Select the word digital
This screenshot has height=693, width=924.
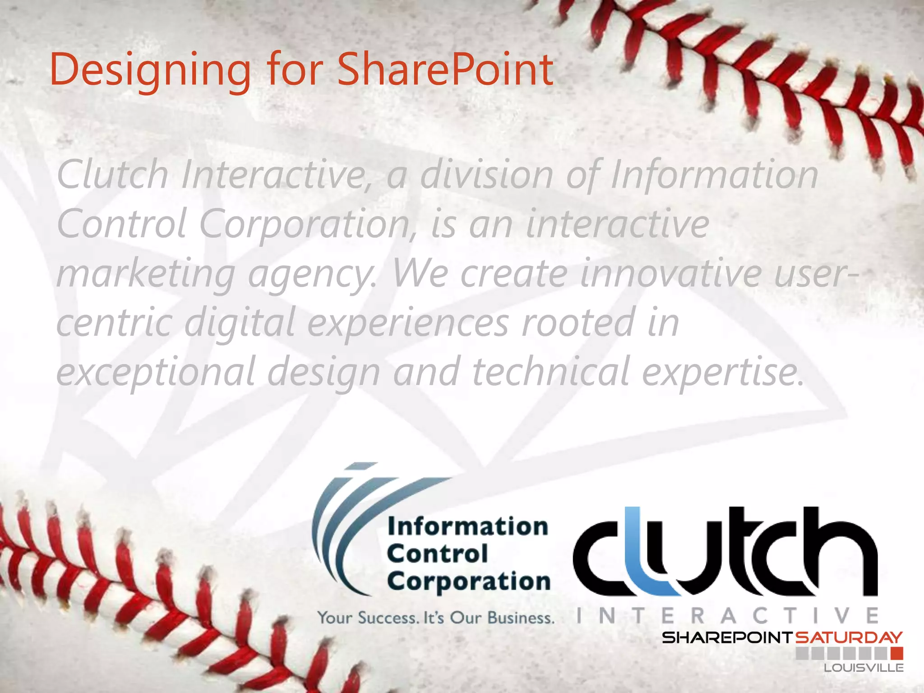click(x=239, y=323)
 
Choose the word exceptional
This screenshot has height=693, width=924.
click(x=156, y=372)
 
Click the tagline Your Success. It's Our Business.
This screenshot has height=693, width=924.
click(x=435, y=618)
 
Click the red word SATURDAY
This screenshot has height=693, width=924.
click(x=848, y=638)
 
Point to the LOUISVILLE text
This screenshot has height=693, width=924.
click(x=864, y=668)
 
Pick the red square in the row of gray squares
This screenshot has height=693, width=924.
click(x=897, y=653)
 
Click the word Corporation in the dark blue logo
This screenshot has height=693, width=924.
click(x=468, y=581)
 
